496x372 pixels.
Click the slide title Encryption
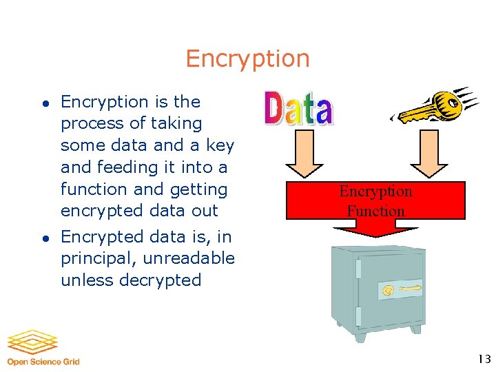[247, 59]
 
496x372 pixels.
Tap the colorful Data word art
[298, 108]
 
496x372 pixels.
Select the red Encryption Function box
[375, 200]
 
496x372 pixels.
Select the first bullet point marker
[43, 103]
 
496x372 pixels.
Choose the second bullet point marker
[43, 238]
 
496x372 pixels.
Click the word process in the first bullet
[85, 124]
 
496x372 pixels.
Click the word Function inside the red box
[375, 211]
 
